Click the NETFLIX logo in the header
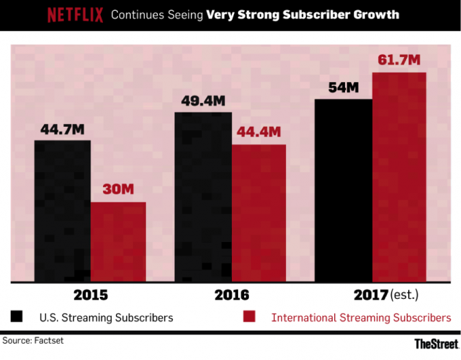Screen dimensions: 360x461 tap(75, 14)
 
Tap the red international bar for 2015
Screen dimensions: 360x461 tap(118, 241)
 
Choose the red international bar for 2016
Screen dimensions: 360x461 tap(258, 213)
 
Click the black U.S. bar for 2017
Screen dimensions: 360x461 tap(343, 190)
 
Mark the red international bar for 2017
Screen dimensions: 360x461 tap(399, 177)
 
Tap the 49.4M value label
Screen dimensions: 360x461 tap(203, 101)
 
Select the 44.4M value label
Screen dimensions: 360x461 tap(259, 132)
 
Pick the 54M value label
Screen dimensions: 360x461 tap(344, 88)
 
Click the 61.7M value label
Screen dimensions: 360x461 tap(399, 60)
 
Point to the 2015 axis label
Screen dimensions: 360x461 tap(90, 296)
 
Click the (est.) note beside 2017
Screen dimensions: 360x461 tap(404, 296)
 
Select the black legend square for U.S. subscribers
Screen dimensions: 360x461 tap(17, 317)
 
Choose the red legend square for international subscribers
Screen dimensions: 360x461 tap(249, 317)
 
